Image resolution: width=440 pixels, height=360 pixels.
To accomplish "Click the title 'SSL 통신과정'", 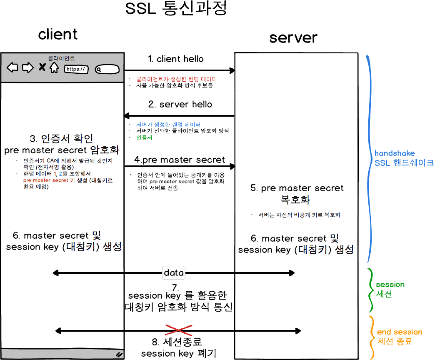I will click(176, 9).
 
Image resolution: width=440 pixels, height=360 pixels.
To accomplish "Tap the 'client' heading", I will click(58, 34).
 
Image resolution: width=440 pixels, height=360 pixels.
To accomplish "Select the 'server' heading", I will click(293, 37).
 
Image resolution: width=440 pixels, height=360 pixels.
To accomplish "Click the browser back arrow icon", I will click(12, 67).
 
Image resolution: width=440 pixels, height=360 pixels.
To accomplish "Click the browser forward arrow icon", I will click(27, 67).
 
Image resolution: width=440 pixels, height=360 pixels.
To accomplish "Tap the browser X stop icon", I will click(42, 67).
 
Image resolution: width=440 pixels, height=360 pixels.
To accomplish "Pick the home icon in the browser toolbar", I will click(54, 67).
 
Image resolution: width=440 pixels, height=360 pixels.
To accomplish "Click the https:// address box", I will click(76, 69).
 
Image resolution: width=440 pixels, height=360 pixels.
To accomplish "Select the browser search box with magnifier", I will click(107, 70).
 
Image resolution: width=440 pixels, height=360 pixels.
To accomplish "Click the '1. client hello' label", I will click(176, 59).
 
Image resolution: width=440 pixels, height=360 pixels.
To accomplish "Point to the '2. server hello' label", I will click(180, 104).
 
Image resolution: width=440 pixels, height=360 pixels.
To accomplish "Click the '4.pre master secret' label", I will click(180, 160).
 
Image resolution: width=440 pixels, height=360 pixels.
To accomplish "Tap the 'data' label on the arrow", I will click(174, 273).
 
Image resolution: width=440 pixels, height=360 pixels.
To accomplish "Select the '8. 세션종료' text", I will click(177, 342).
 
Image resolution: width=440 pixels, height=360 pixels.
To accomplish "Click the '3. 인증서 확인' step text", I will click(62, 138).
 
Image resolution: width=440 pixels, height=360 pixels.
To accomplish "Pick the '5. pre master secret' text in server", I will click(297, 188).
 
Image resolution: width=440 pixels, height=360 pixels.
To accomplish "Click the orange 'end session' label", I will click(400, 332).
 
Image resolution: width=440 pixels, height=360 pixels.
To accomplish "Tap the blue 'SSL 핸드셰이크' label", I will click(404, 162).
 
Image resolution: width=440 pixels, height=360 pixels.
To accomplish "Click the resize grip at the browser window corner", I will click(119, 354).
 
